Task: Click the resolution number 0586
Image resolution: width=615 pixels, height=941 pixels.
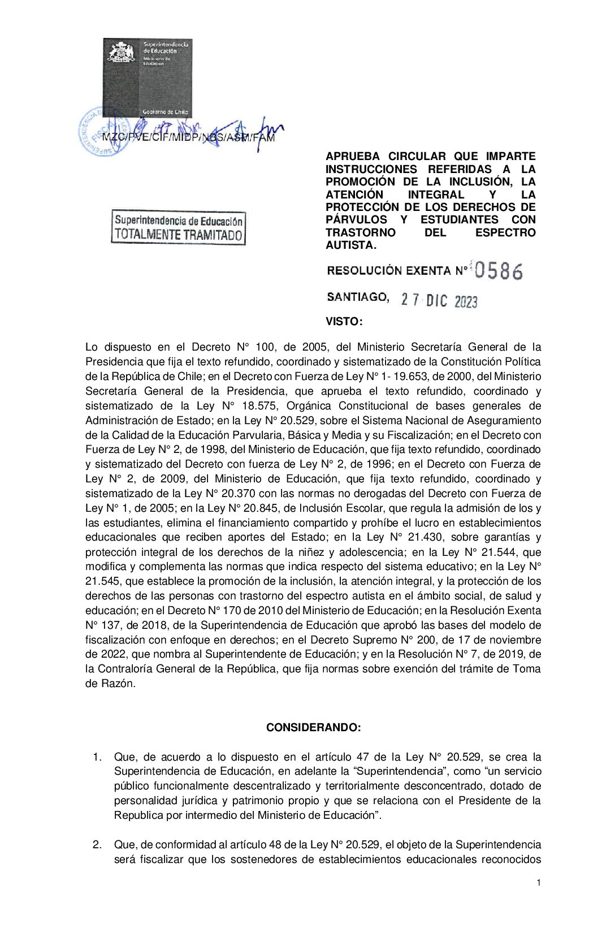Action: pyautogui.click(x=499, y=271)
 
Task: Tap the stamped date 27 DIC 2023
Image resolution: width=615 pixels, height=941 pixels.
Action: pyautogui.click(x=439, y=300)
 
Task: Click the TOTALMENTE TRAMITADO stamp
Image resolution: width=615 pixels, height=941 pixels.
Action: pyautogui.click(x=178, y=228)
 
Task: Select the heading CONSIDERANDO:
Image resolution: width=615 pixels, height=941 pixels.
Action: pyautogui.click(x=313, y=727)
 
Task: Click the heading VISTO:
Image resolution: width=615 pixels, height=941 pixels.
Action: pyautogui.click(x=344, y=322)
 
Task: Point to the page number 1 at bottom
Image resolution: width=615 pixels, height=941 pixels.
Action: pyautogui.click(x=539, y=883)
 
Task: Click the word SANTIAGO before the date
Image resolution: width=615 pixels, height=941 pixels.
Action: pyautogui.click(x=358, y=297)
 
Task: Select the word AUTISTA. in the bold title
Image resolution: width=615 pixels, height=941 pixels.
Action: pyautogui.click(x=351, y=245)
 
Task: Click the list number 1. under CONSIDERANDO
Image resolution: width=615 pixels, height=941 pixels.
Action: pyautogui.click(x=97, y=757)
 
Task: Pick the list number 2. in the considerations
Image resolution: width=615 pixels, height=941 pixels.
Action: pyautogui.click(x=97, y=844)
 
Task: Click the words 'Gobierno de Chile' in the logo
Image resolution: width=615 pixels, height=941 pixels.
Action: pyautogui.click(x=165, y=112)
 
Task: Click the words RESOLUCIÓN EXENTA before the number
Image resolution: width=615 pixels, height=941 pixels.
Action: pyautogui.click(x=388, y=271)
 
